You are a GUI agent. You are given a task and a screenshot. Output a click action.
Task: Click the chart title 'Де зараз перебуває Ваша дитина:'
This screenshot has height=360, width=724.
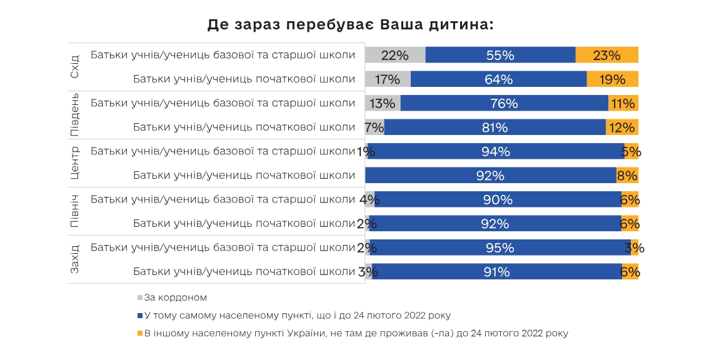(350, 25)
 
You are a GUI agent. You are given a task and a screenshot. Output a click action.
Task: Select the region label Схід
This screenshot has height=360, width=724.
(74, 67)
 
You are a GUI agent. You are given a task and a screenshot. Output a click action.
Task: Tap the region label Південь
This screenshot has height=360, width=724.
(74, 115)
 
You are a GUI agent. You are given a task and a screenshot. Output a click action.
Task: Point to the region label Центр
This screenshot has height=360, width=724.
(74, 163)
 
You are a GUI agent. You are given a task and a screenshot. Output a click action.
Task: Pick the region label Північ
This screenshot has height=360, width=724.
(74, 211)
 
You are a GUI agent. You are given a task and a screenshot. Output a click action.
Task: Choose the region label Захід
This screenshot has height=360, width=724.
(74, 259)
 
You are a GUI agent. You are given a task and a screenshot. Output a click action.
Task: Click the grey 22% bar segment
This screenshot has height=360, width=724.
(395, 55)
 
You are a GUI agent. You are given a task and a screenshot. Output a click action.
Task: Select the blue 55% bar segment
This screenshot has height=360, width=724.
(500, 55)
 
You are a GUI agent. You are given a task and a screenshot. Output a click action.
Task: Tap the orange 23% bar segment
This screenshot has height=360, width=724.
(606, 55)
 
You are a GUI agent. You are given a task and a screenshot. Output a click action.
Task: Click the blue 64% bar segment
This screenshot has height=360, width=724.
(498, 79)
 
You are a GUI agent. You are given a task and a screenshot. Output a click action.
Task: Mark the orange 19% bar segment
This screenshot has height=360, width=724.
(612, 79)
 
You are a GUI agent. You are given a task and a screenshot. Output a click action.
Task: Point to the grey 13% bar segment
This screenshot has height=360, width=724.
(383, 103)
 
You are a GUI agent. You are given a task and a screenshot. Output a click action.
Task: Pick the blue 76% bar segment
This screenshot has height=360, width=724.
(504, 103)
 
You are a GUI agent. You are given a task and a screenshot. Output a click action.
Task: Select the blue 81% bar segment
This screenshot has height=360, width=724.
(495, 127)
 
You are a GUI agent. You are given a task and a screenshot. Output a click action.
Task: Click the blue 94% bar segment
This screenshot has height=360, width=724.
(496, 151)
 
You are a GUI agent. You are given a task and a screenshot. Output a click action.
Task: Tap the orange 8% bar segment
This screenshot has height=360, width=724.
(627, 176)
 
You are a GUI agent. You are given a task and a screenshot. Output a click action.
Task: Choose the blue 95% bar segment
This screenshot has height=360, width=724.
(500, 247)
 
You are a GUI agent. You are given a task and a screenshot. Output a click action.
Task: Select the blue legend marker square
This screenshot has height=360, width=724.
(140, 316)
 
